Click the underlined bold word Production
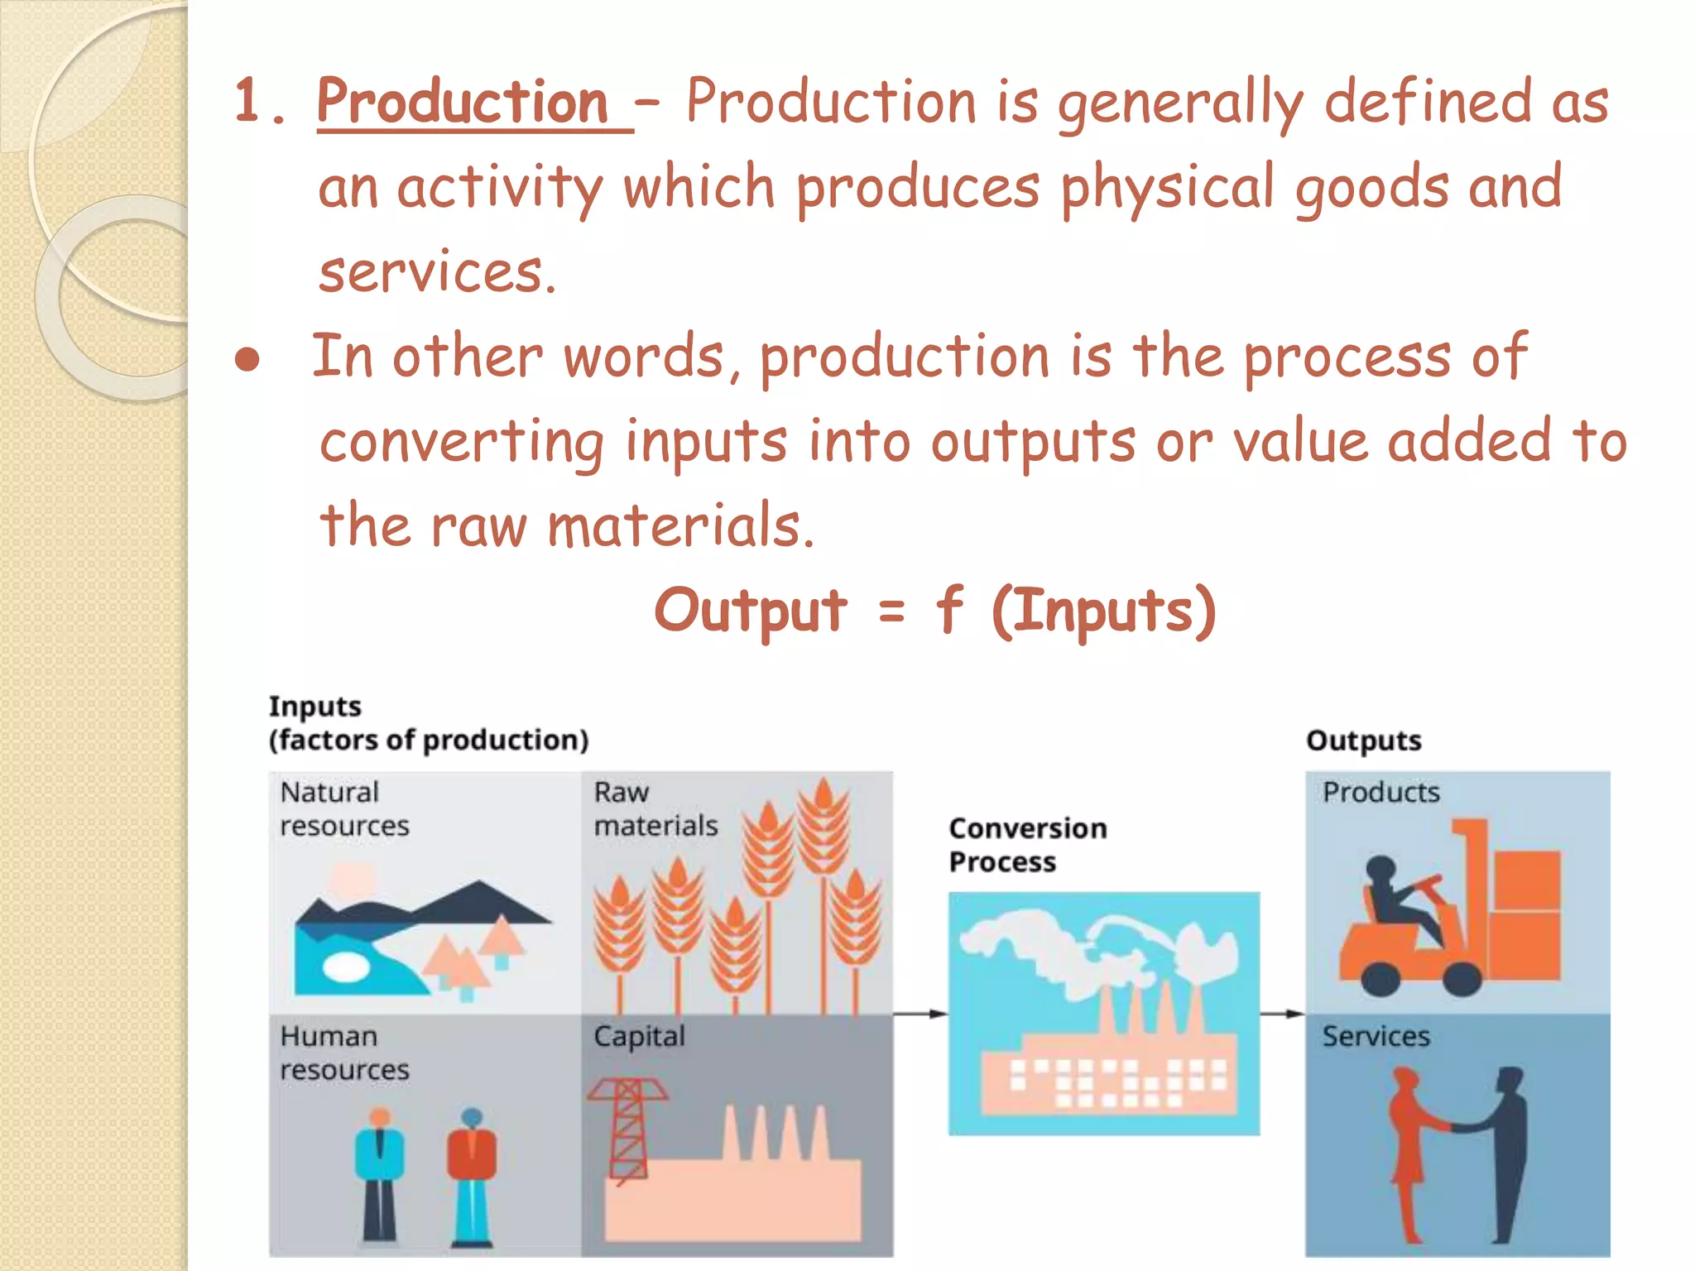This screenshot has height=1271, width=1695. tap(463, 103)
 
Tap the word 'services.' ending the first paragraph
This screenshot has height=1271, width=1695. tap(437, 273)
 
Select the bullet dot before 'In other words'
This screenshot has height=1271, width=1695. tap(247, 360)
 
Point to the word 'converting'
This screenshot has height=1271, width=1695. tap(462, 443)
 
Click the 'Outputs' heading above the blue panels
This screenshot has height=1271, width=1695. tap(1363, 740)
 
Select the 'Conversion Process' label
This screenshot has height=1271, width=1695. tap(1027, 845)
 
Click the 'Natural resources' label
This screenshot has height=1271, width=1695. tap(343, 809)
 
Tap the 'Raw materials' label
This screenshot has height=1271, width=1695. tap(655, 809)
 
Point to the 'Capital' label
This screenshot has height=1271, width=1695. tap(639, 1036)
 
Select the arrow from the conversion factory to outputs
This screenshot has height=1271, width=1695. tap(1282, 1014)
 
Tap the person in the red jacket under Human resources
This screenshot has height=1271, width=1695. tap(472, 1175)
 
